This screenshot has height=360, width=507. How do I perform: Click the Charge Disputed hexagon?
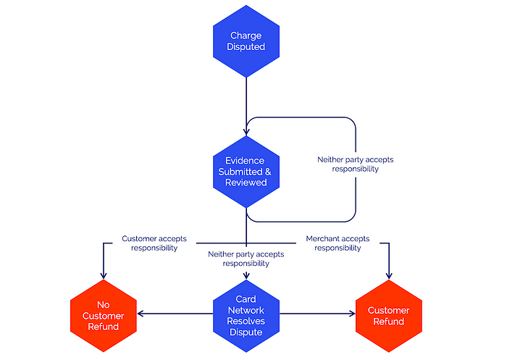click(x=246, y=41)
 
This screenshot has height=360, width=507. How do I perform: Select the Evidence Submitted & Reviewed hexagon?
click(x=246, y=172)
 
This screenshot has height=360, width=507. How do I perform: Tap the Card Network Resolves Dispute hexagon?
click(x=246, y=316)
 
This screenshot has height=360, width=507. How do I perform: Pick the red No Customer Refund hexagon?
click(x=104, y=316)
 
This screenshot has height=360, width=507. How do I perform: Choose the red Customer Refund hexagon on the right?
click(x=389, y=316)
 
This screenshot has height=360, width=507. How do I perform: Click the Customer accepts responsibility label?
click(x=154, y=243)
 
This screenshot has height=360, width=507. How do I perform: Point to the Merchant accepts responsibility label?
click(x=338, y=243)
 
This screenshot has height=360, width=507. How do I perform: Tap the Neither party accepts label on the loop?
click(x=356, y=164)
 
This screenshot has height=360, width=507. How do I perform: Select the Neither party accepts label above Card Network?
click(x=246, y=259)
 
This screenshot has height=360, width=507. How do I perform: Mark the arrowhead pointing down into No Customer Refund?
click(x=104, y=276)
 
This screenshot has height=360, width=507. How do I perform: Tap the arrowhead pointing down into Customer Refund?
click(x=389, y=276)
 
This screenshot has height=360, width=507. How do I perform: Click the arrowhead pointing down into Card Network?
click(x=246, y=276)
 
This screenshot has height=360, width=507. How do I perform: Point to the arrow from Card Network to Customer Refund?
click(x=317, y=314)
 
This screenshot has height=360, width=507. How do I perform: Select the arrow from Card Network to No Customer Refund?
click(x=175, y=314)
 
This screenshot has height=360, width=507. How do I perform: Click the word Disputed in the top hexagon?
click(x=246, y=47)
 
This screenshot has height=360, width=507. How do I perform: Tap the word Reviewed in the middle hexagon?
click(x=246, y=183)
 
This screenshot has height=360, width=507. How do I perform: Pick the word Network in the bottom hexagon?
click(x=246, y=311)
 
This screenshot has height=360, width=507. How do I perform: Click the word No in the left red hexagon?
click(x=104, y=305)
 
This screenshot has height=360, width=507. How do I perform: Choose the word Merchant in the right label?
click(x=323, y=239)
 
